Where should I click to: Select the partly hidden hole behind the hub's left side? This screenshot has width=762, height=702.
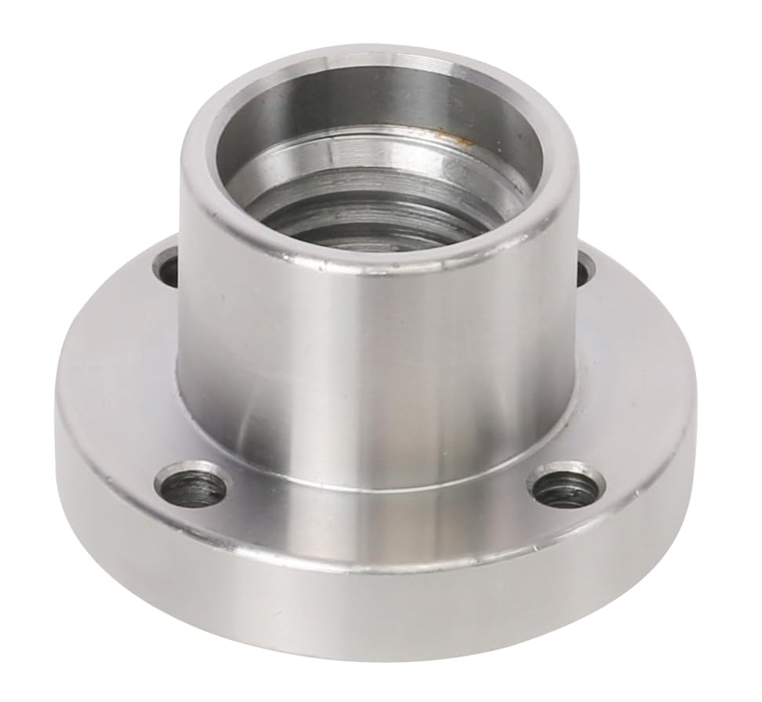pos(168,266)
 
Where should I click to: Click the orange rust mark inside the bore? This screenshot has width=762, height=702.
pos(459,140)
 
